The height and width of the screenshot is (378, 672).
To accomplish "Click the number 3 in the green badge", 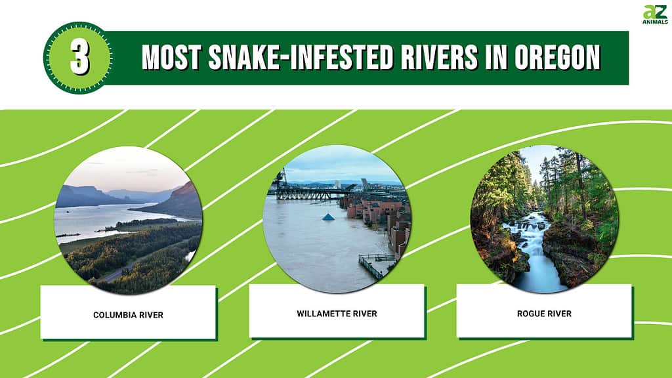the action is click(79, 58).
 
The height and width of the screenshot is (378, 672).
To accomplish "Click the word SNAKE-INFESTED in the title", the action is click(301, 58).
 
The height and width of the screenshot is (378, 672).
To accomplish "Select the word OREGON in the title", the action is click(557, 58).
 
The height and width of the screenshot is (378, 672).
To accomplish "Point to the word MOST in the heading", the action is click(171, 58).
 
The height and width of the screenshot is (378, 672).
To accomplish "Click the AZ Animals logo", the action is click(656, 14).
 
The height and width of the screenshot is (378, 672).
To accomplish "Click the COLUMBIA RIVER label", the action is click(128, 315).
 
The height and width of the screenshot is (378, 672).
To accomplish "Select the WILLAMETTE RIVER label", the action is click(337, 314).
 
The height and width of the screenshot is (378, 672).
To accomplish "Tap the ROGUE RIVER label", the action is click(544, 314).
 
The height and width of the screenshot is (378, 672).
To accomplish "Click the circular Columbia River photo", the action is click(129, 220).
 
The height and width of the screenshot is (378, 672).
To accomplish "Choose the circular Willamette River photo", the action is click(337, 219).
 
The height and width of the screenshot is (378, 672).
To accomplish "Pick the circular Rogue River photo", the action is click(545, 219).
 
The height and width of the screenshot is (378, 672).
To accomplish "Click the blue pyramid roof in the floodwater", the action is click(328, 217).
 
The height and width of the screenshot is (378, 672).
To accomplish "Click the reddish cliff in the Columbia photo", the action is click(180, 201).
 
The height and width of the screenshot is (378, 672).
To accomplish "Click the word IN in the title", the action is click(496, 58).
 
